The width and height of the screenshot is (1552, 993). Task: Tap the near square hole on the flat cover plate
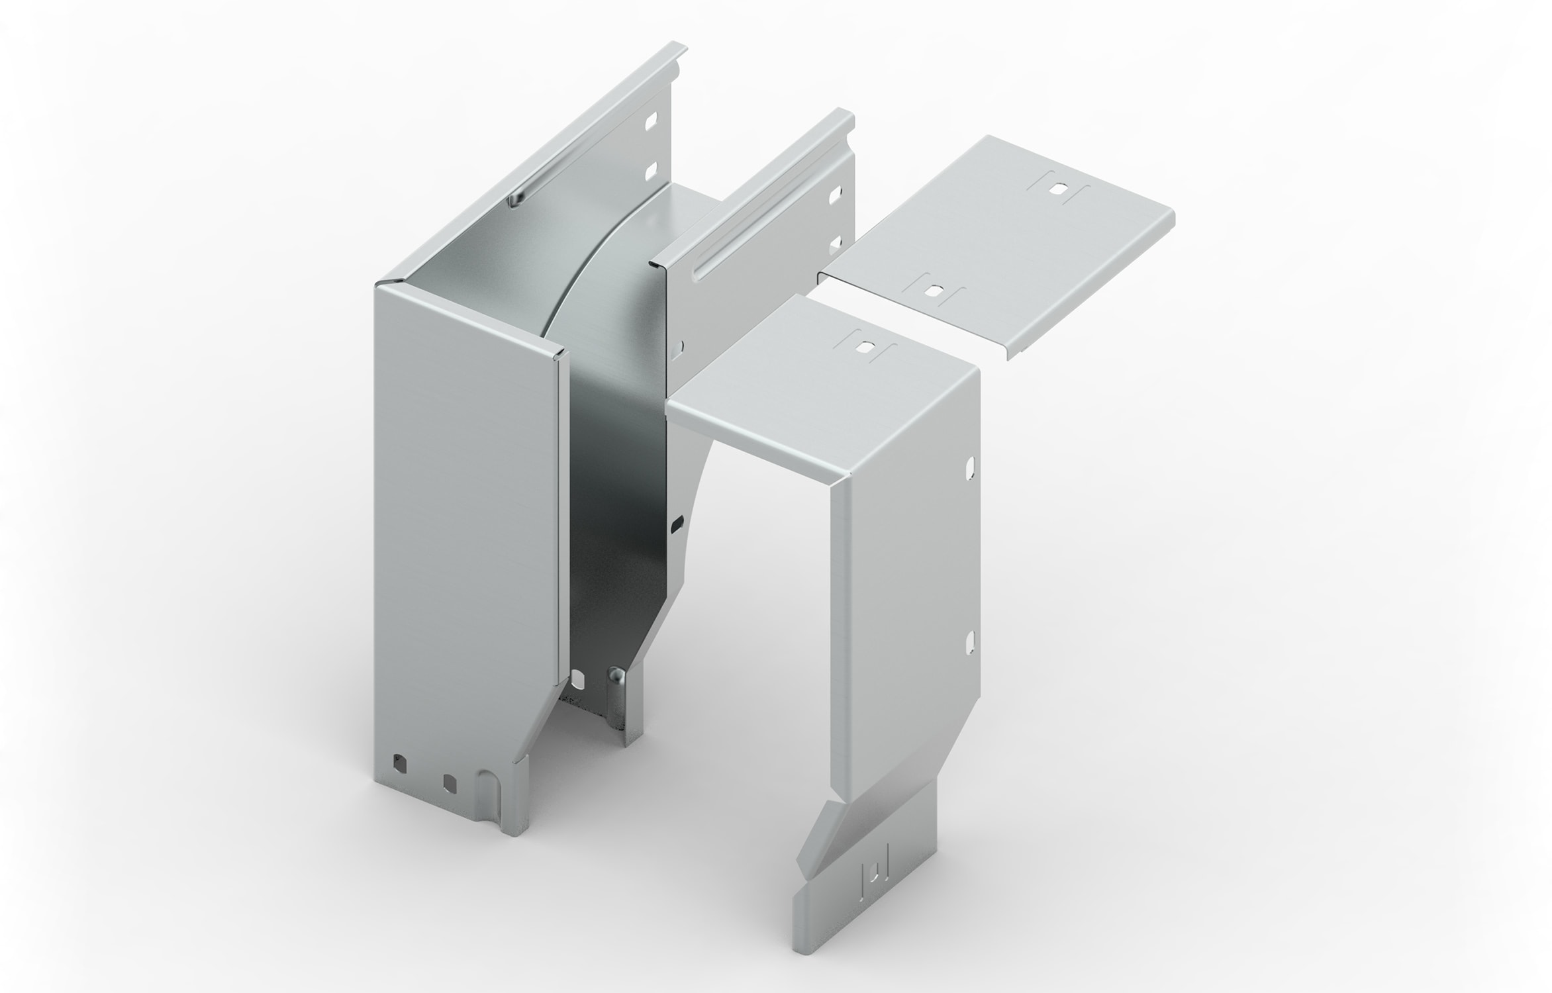(x=934, y=289)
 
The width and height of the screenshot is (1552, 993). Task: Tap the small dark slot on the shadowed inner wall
(x=676, y=524)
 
